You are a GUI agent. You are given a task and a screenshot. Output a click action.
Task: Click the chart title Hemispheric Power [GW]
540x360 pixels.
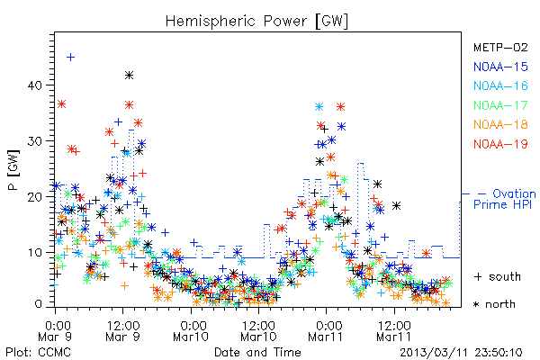coord(256,22)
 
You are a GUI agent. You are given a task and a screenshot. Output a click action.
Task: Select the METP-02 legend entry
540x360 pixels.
coord(500,47)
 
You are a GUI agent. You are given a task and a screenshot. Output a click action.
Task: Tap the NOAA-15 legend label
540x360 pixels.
coord(500,67)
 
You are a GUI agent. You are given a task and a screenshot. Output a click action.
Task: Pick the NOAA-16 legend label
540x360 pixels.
coord(500,85)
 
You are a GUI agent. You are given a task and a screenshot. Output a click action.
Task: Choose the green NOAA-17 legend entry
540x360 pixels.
coord(500,105)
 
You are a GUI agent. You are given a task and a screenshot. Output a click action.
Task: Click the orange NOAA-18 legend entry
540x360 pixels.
coord(500,124)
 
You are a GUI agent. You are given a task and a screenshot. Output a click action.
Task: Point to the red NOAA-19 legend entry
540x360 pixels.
coord(500,144)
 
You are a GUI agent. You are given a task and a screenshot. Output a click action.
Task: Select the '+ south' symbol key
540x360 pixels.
coord(498,276)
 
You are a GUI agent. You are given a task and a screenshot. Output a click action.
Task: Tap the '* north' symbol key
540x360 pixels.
coord(494,304)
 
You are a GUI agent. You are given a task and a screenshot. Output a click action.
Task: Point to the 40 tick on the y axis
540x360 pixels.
coord(35,85)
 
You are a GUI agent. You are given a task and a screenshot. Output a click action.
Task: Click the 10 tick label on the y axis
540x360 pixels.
coord(35,253)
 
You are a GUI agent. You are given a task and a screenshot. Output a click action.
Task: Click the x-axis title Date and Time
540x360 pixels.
coord(257,352)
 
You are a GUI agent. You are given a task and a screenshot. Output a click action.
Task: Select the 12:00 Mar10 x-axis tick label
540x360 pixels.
coord(258,330)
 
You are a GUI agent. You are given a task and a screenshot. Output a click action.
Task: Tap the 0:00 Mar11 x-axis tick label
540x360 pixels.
coord(326,330)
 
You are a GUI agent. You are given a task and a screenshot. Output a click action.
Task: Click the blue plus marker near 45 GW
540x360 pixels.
coord(70,57)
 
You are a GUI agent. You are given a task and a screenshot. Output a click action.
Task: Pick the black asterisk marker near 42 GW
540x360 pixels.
coord(129,75)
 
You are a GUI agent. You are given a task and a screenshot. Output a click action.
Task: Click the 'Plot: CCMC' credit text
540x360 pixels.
coord(38,352)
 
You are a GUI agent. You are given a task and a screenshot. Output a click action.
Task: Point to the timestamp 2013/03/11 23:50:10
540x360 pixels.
coord(461,353)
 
